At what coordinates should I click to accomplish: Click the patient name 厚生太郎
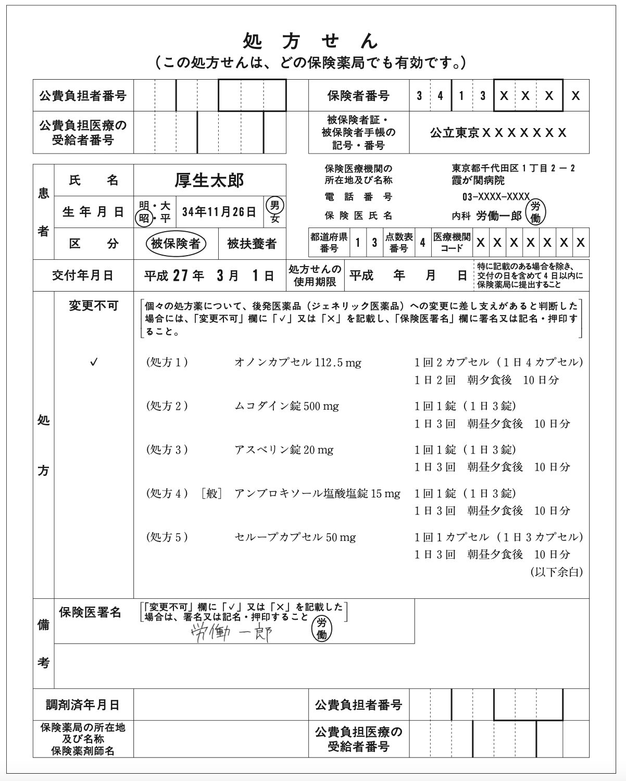point(209,180)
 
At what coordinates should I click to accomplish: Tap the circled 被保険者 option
point(176,244)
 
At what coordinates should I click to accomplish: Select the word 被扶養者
point(252,244)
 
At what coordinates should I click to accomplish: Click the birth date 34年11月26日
point(219,212)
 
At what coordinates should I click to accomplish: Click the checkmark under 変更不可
point(94,362)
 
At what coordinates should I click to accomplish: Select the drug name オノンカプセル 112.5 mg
point(297,362)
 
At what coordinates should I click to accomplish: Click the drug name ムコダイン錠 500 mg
point(286,406)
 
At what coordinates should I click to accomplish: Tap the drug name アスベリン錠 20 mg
point(284,450)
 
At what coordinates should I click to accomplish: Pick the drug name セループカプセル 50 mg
point(295,537)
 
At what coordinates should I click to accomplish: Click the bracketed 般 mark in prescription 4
point(211,494)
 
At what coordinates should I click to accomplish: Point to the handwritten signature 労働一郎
point(231,633)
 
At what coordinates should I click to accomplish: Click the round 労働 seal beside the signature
point(321,628)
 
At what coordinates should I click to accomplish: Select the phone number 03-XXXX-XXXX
point(495,197)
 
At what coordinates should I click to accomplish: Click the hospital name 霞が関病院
point(478,181)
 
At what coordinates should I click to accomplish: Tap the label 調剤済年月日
point(83,705)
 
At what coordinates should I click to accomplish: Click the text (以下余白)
point(556,572)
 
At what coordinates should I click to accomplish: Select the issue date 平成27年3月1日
point(209,275)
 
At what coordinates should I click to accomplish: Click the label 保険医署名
point(90,612)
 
